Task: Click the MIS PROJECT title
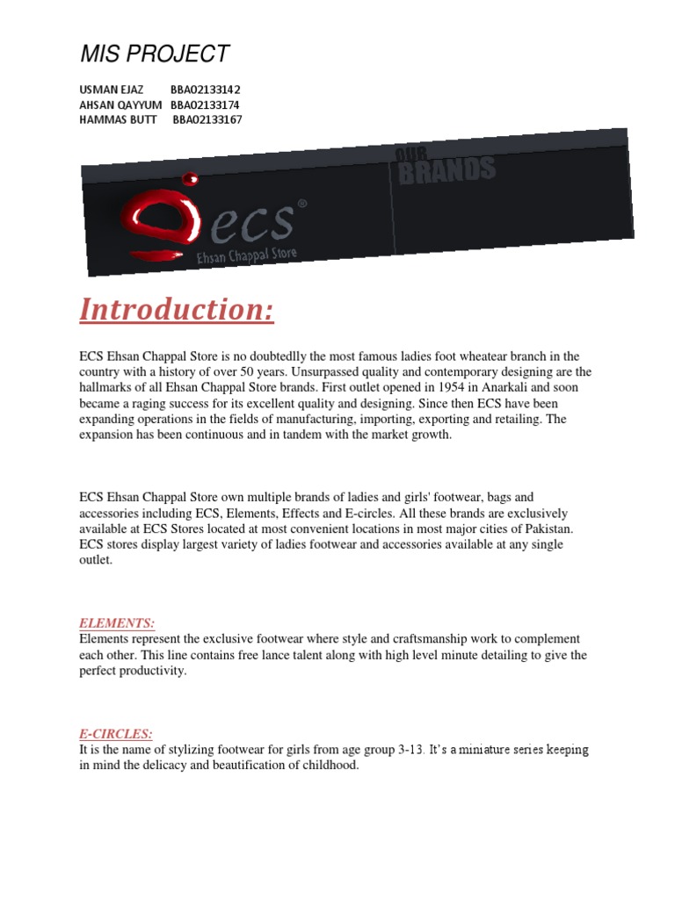tap(155, 54)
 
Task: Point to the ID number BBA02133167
tap(207, 119)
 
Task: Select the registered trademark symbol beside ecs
tap(302, 204)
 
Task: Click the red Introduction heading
tap(177, 310)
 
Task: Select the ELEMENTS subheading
tap(117, 623)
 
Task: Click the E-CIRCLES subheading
tap(116, 733)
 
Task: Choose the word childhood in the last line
tap(330, 766)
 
